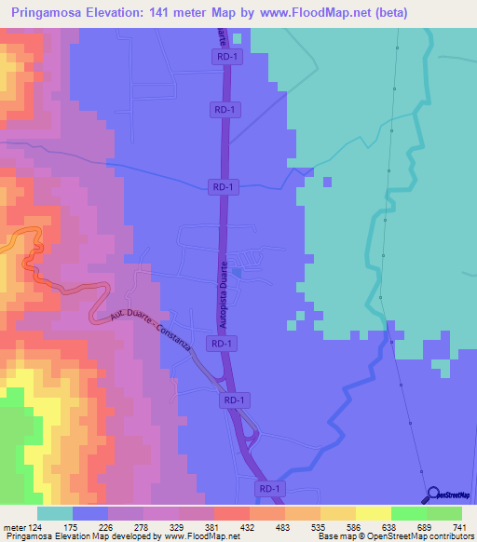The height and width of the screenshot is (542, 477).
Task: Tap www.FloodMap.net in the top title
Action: click(295, 11)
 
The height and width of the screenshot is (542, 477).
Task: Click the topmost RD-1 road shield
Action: click(225, 58)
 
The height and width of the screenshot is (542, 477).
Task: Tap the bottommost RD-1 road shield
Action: click(269, 488)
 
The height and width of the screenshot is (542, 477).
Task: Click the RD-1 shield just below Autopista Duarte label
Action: click(222, 344)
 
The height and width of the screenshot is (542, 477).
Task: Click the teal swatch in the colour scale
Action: click(55, 513)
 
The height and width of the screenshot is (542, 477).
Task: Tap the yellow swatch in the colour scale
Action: click(373, 513)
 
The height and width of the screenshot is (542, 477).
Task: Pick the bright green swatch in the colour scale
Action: click(408, 513)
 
